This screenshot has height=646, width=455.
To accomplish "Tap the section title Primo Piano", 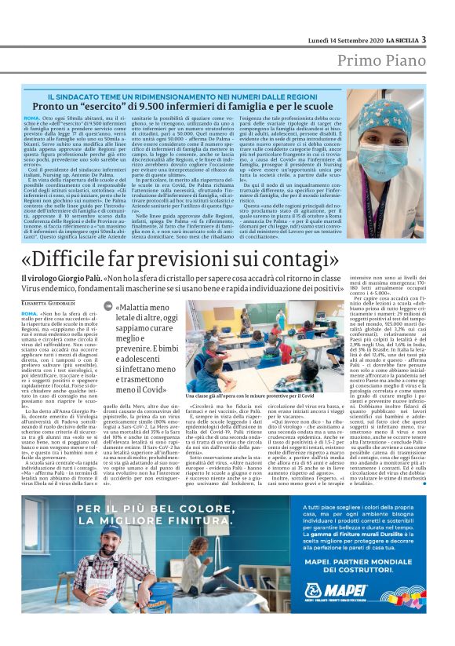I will click(x=381, y=61).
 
